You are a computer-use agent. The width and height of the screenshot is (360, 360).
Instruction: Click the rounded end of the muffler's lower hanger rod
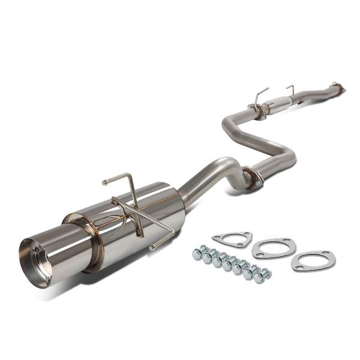pyautogui.click(x=152, y=246)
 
